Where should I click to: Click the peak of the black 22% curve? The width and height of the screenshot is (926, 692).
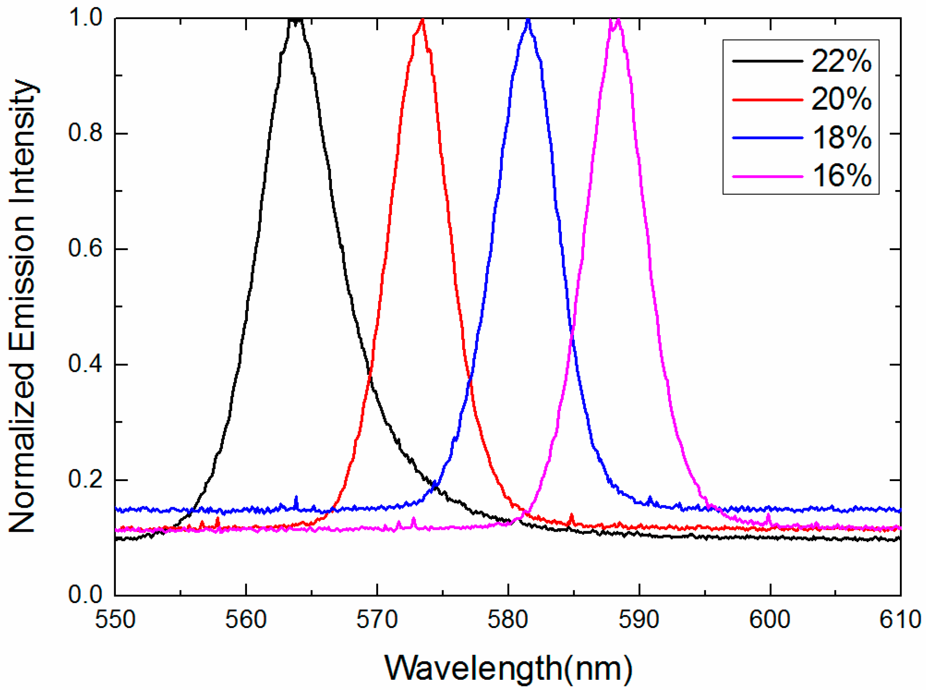[x=296, y=20]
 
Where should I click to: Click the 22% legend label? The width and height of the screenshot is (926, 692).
[x=841, y=61]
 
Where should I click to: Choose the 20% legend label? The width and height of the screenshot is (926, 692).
[x=841, y=99]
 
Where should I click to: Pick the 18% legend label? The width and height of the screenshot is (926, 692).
[x=841, y=138]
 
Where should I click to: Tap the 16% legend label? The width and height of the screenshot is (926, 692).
[x=841, y=176]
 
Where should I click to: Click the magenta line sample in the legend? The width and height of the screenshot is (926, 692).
[x=767, y=176]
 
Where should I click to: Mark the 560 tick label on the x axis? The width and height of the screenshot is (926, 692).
[x=246, y=619]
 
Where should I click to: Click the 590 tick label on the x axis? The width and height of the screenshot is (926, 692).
[x=639, y=619]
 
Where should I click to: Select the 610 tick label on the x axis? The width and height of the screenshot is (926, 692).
[x=900, y=619]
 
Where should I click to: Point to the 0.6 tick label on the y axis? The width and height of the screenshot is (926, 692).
[x=85, y=248]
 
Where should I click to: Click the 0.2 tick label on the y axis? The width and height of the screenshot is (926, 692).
[x=85, y=479]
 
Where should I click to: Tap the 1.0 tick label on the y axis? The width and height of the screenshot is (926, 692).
[x=85, y=18]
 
